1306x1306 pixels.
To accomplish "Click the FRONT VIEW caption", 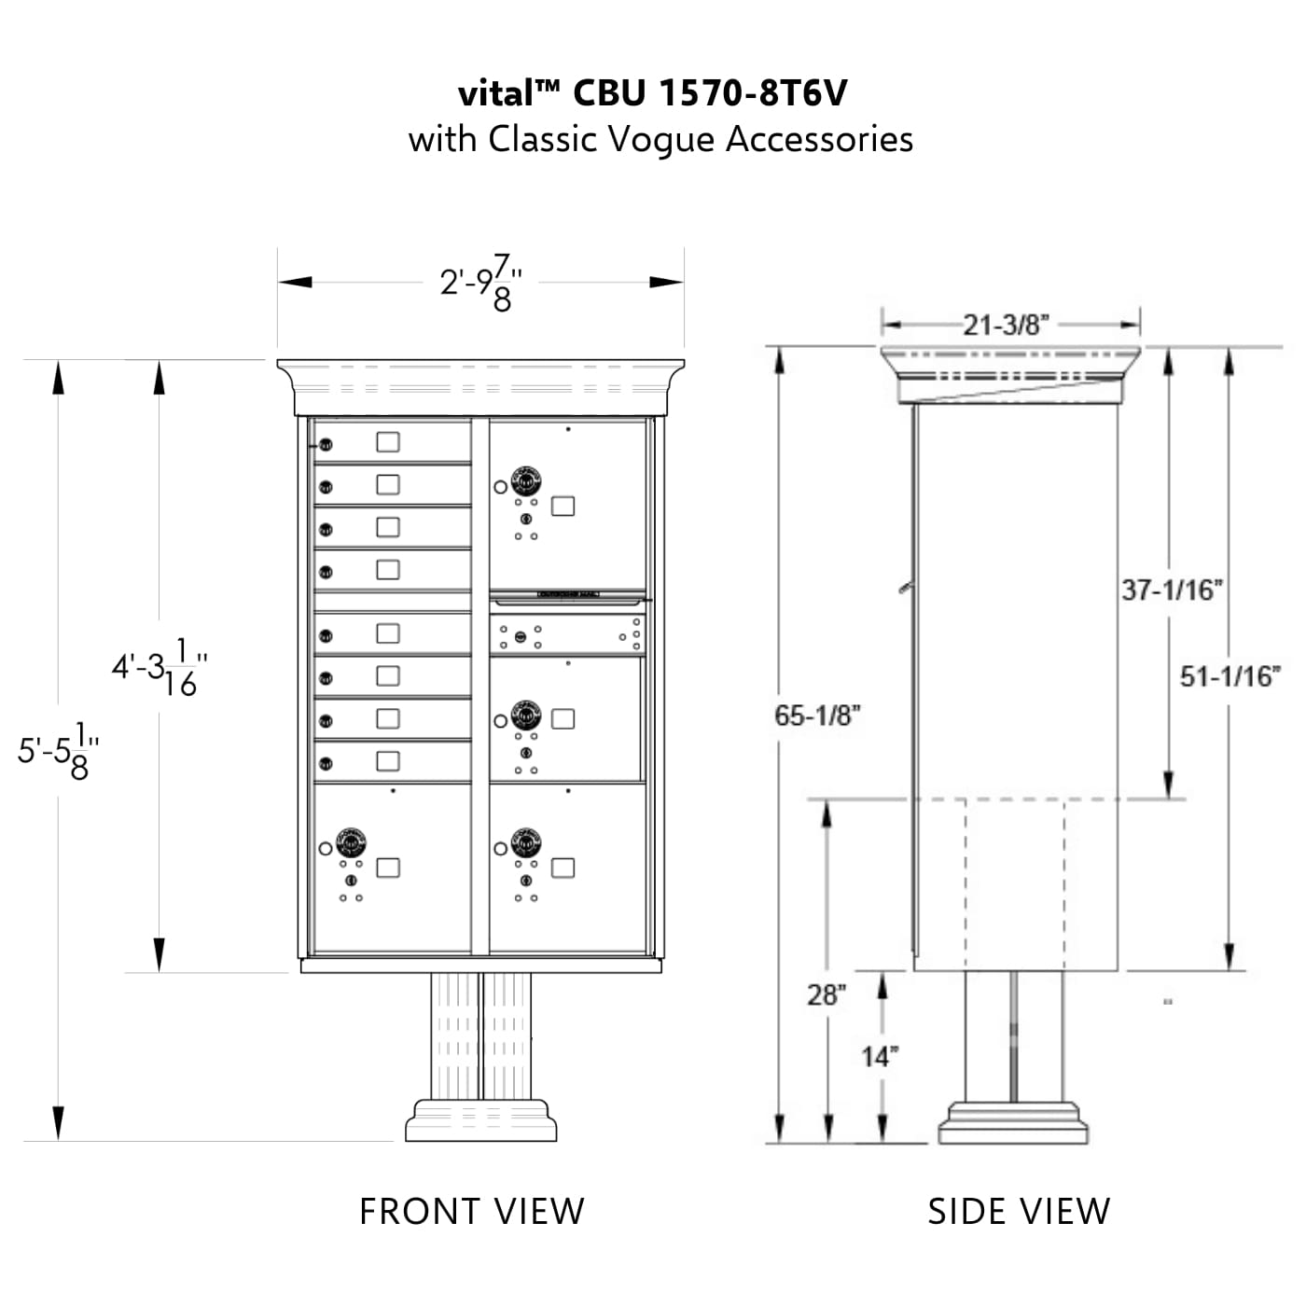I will click(x=471, y=1212).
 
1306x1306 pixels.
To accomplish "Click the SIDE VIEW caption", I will click(x=1019, y=1212).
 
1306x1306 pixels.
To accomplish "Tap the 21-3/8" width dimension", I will click(x=1006, y=325).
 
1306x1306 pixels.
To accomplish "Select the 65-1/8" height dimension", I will click(x=817, y=716).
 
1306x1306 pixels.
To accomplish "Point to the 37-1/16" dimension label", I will click(x=1172, y=590).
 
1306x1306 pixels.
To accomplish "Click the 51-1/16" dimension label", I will click(x=1230, y=676).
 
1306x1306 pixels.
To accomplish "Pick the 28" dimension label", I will click(x=827, y=994).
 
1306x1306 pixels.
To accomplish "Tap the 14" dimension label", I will click(x=879, y=1056).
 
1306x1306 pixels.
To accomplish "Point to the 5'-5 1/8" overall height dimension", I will click(x=58, y=751).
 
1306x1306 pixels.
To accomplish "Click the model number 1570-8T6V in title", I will click(x=753, y=93).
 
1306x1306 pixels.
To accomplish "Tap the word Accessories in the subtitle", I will click(x=819, y=139).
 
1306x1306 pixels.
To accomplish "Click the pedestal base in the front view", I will click(x=481, y=1119).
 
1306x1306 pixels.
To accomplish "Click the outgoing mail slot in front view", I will click(x=567, y=594).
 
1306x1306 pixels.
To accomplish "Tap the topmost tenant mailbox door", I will click(x=392, y=442).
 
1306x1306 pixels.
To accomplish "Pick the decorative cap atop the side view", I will click(x=1010, y=374).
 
